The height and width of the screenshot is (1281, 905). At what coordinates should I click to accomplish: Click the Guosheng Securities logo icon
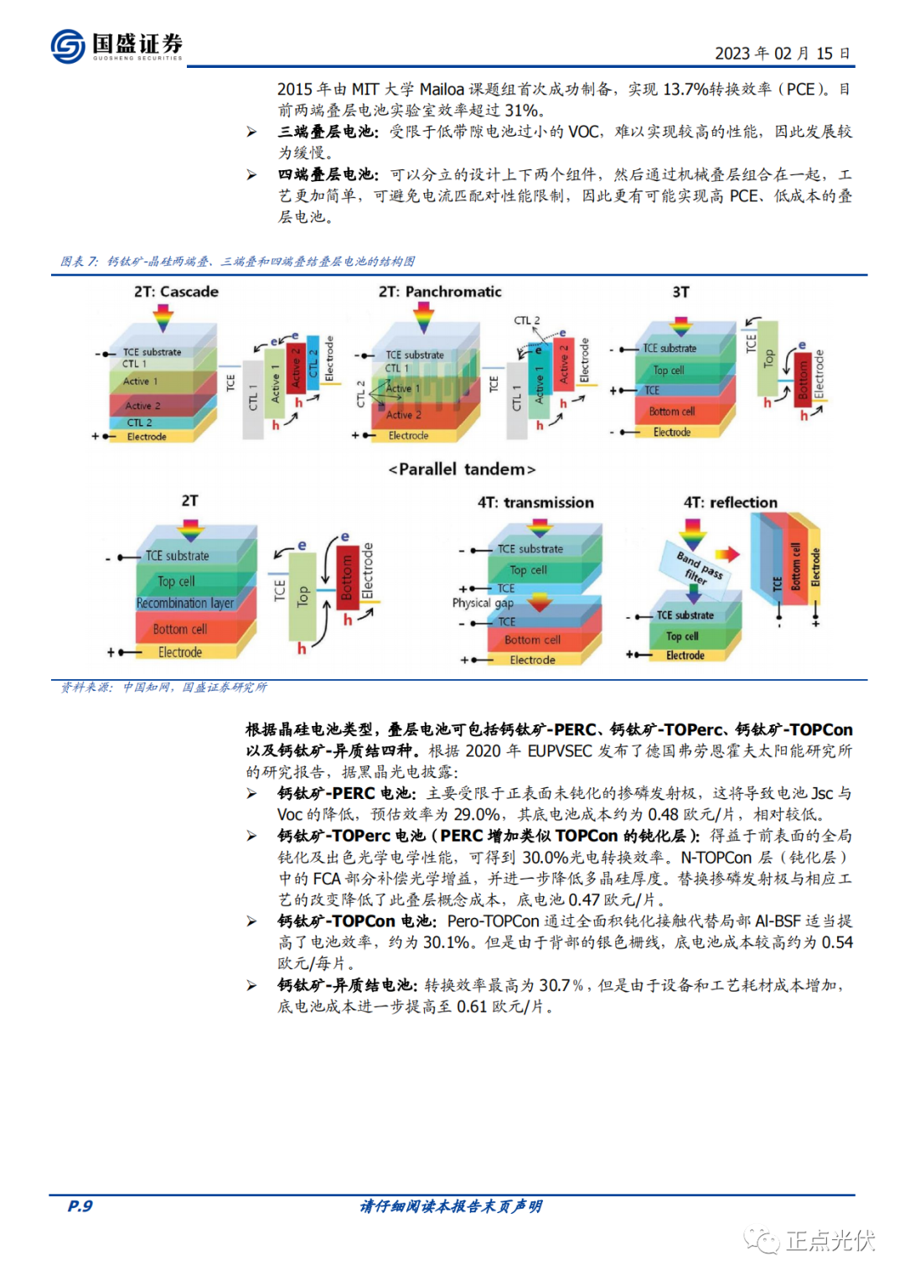(67, 45)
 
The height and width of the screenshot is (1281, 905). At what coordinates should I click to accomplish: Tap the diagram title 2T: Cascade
(176, 292)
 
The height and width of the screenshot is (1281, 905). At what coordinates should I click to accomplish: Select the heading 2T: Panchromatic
(440, 292)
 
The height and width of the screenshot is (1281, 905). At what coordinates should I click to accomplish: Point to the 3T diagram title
(680, 292)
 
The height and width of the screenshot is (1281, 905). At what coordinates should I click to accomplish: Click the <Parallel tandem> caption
(461, 469)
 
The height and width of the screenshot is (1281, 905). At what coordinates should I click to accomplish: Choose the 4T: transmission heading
(535, 502)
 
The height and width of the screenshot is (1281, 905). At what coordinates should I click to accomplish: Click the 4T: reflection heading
(730, 502)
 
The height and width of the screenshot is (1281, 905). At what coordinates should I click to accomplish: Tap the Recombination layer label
(185, 603)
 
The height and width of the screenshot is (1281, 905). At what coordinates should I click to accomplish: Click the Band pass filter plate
(699, 567)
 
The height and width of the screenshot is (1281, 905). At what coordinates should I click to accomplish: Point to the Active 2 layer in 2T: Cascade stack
(142, 406)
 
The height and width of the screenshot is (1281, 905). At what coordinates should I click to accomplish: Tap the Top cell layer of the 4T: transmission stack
(528, 570)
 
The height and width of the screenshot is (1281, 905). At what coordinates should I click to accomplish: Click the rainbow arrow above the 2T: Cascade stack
(163, 318)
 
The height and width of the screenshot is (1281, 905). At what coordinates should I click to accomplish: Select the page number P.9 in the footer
(80, 1206)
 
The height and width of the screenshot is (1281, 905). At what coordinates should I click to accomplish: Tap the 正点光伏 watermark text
(830, 1240)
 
